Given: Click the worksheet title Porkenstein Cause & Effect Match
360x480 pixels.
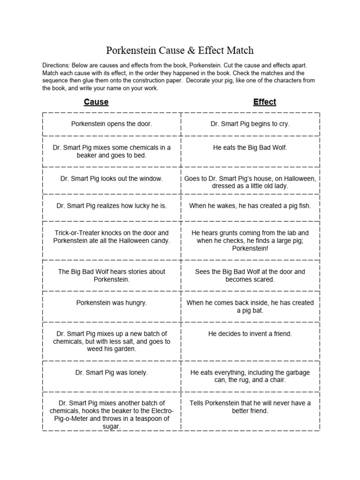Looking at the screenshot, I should point(180,50).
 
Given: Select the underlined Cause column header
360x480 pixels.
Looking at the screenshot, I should point(96,102).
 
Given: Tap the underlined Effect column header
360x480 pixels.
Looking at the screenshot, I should point(264,102).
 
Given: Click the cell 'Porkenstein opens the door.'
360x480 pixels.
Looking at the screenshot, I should point(112,124).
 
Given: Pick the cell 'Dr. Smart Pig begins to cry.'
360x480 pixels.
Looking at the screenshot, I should point(250,124).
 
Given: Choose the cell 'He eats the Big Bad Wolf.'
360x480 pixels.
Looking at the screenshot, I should point(250,148).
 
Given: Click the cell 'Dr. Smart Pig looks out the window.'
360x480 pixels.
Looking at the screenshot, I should point(112,179).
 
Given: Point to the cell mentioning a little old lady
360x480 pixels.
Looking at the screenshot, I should point(250,182).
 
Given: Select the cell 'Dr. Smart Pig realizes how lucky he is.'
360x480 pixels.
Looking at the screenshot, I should point(112,206).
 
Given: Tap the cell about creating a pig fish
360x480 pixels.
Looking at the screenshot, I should point(250,206).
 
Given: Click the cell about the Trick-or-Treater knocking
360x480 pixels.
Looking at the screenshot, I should point(112,237).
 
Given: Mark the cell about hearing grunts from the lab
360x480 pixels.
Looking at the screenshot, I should point(250,240).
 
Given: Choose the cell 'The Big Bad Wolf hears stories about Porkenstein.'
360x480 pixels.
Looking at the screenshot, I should point(112,275).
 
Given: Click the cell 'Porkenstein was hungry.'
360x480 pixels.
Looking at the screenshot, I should point(112,303).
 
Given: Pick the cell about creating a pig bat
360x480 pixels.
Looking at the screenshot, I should point(250,307).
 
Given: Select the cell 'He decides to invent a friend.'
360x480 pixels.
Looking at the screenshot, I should point(250,334).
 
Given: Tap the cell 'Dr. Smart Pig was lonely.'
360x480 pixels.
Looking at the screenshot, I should point(112,373).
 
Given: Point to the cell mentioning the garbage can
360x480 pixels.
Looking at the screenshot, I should point(250,376).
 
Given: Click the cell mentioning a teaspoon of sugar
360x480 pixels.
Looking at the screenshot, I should point(112,415).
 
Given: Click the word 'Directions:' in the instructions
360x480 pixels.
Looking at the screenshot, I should point(59,66).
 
